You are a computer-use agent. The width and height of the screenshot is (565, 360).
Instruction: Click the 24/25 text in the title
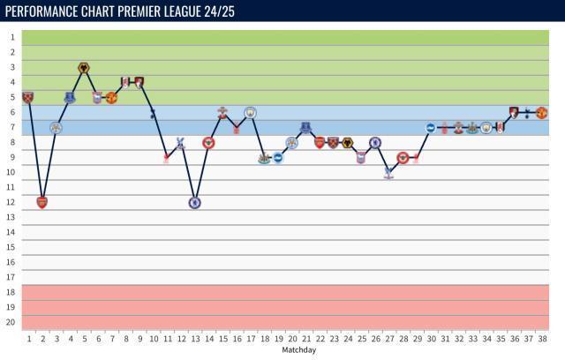coord(241,10)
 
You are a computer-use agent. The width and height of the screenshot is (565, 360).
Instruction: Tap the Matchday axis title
coord(298,350)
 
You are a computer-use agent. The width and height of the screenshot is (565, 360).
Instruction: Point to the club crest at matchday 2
coord(41,202)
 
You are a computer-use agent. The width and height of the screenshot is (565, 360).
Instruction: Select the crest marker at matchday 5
coord(84,68)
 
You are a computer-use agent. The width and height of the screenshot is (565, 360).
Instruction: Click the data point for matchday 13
coord(194,202)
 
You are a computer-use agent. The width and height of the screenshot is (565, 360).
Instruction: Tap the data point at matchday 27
coord(388,172)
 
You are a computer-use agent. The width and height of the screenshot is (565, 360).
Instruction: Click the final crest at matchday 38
coord(541,113)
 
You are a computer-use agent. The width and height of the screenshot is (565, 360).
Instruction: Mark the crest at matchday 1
coord(27,97)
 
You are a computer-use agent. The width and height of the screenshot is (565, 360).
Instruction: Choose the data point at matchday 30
coord(431,128)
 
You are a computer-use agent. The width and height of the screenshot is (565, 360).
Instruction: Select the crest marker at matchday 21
coord(305,128)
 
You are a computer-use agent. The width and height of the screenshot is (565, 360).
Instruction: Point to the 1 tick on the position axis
coord(12,38)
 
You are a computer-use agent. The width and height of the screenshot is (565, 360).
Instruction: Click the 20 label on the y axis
coord(11,322)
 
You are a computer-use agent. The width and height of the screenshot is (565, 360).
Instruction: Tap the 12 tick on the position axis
coord(11,202)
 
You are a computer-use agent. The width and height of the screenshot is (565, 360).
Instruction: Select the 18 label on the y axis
coord(11,292)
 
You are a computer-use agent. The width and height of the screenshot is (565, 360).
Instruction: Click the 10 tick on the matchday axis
coord(154,339)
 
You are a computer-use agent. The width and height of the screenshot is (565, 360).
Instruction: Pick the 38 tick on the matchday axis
coord(542,339)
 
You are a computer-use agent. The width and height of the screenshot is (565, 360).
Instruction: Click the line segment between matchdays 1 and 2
coord(34,150)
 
